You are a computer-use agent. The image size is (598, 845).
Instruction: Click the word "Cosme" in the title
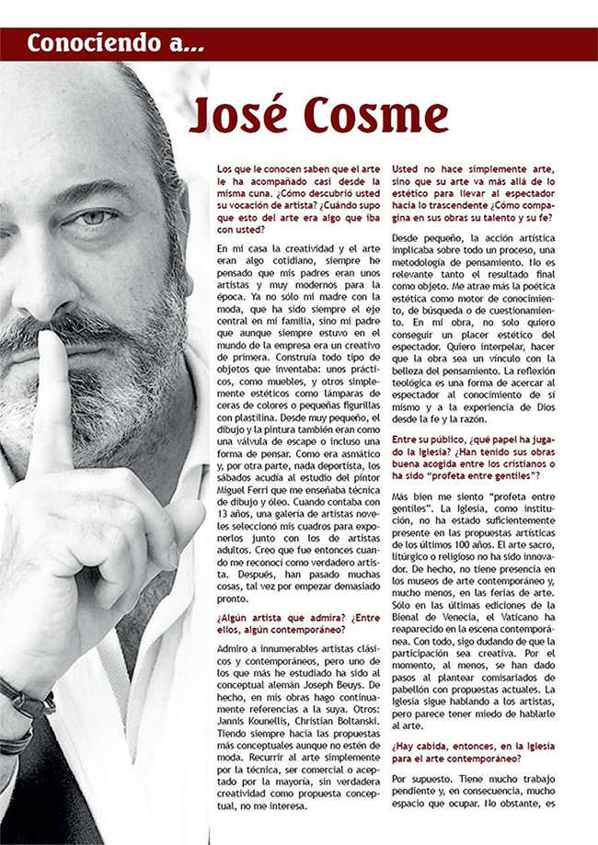coord(377,117)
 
